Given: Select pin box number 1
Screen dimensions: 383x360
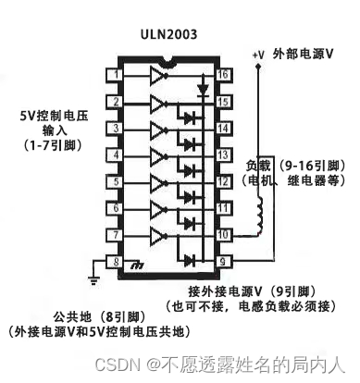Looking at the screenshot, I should (x=115, y=75).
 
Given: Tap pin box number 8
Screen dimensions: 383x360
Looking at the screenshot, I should (x=115, y=263).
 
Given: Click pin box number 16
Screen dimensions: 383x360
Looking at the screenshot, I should (x=222, y=75).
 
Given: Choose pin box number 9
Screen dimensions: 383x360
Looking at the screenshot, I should (x=222, y=263).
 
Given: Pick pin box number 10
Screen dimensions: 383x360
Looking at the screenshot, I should (x=222, y=236).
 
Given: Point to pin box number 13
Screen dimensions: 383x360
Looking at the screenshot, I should (x=222, y=155).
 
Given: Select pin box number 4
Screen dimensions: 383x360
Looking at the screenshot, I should (x=115, y=155).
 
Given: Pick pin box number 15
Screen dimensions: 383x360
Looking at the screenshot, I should (x=222, y=102).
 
